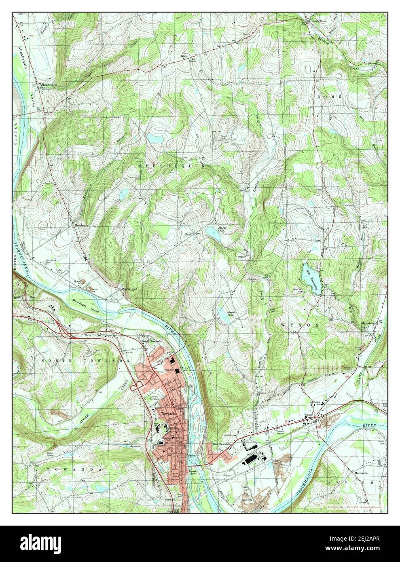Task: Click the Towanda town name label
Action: [168, 414]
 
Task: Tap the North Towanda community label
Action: [152, 341]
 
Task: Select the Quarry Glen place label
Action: [129, 289]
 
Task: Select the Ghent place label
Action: [185, 56]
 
